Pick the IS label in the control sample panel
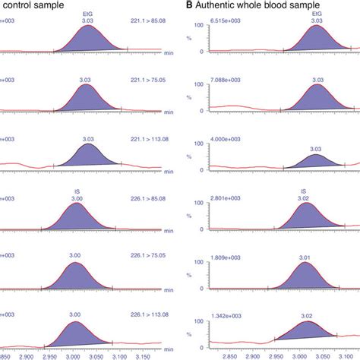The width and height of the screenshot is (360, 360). [x=75, y=192]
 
